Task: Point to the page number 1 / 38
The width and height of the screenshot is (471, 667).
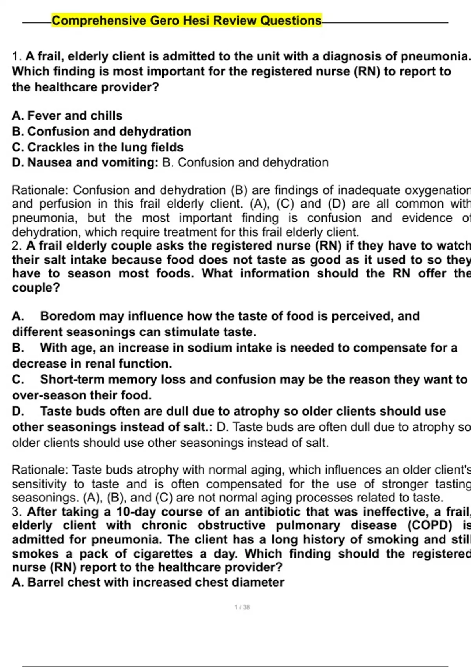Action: click(242, 607)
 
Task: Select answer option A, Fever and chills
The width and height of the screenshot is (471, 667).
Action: click(67, 116)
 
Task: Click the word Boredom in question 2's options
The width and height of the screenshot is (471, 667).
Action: click(68, 316)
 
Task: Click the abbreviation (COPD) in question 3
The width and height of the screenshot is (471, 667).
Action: click(429, 526)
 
